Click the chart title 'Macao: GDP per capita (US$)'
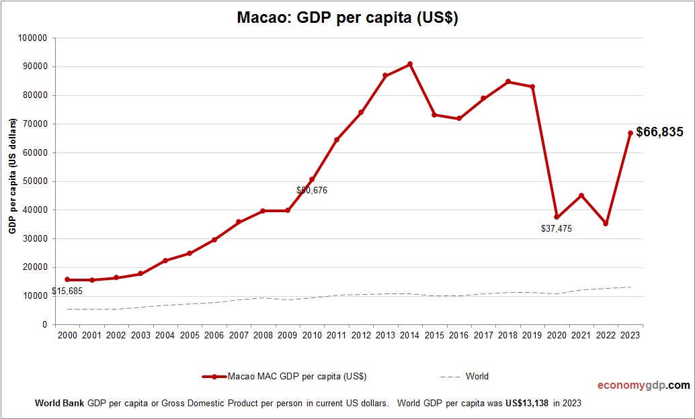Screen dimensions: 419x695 pyautogui.click(x=347, y=18)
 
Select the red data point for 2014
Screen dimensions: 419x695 pyautogui.click(x=410, y=64)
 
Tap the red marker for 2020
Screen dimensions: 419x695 pyautogui.click(x=557, y=217)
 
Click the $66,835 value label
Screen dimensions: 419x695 pyautogui.click(x=659, y=132)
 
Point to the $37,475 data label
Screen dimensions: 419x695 pyautogui.click(x=556, y=229)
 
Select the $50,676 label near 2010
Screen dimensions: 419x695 pyautogui.click(x=311, y=191)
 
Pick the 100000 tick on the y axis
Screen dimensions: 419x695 pyautogui.click(x=32, y=38)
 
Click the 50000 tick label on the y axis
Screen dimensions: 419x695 pyautogui.click(x=34, y=181)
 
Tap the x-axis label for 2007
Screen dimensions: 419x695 pyautogui.click(x=239, y=335)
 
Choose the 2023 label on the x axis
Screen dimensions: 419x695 pyautogui.click(x=630, y=335)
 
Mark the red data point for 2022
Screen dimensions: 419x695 pyautogui.click(x=606, y=224)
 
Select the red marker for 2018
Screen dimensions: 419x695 pyautogui.click(x=508, y=82)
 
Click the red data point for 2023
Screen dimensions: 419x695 pyautogui.click(x=630, y=133)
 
